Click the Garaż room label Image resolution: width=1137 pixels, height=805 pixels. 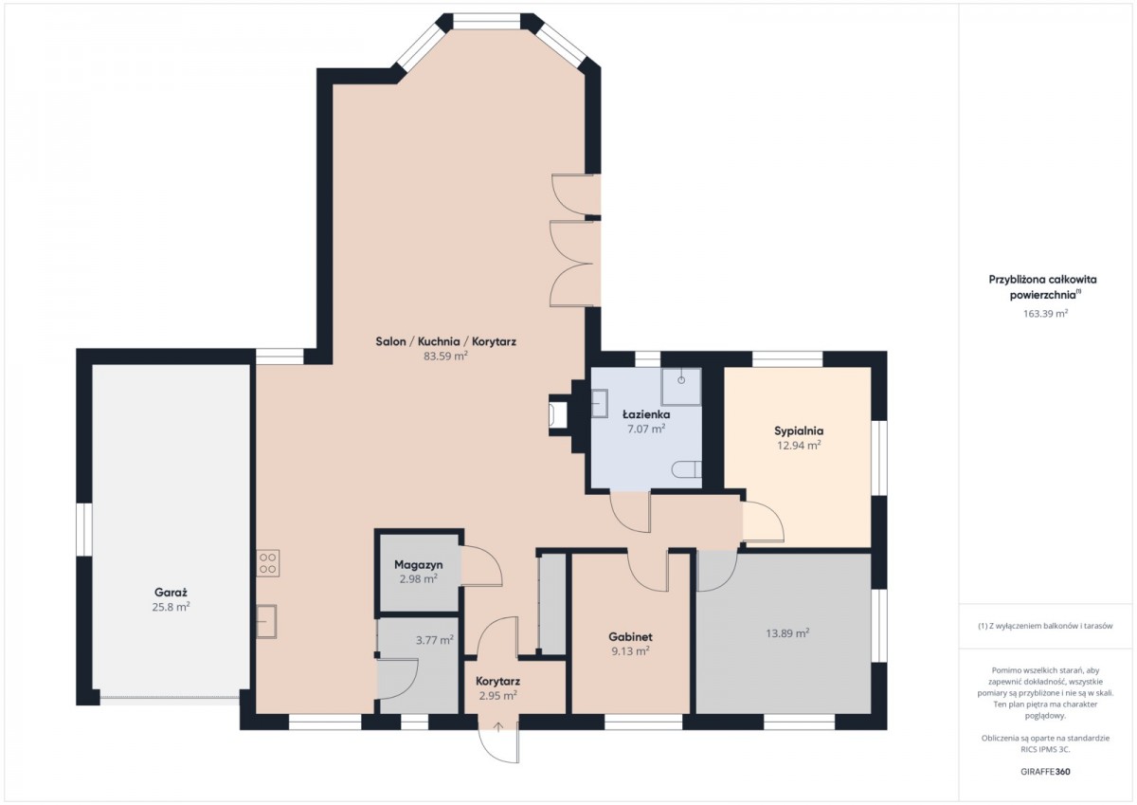171,593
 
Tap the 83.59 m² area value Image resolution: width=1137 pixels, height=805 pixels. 445,356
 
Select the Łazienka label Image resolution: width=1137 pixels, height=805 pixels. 646,414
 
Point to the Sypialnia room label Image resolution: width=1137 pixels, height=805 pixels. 799,430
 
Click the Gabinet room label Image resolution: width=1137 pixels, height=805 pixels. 630,636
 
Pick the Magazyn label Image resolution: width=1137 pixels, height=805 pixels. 418,565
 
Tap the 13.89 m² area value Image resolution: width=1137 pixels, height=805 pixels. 787,633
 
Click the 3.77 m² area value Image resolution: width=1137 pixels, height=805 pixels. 435,640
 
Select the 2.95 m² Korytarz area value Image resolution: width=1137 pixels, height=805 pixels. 498,695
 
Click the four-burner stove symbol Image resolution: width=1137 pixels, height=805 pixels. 267,562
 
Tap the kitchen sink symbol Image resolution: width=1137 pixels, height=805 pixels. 266,621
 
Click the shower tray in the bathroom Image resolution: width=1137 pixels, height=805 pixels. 680,387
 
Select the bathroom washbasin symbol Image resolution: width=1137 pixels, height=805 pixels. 600,403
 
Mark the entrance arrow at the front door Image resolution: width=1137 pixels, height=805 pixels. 498,727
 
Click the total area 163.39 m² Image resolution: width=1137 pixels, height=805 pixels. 1045,313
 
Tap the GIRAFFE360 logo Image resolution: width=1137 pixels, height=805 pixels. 1045,771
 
